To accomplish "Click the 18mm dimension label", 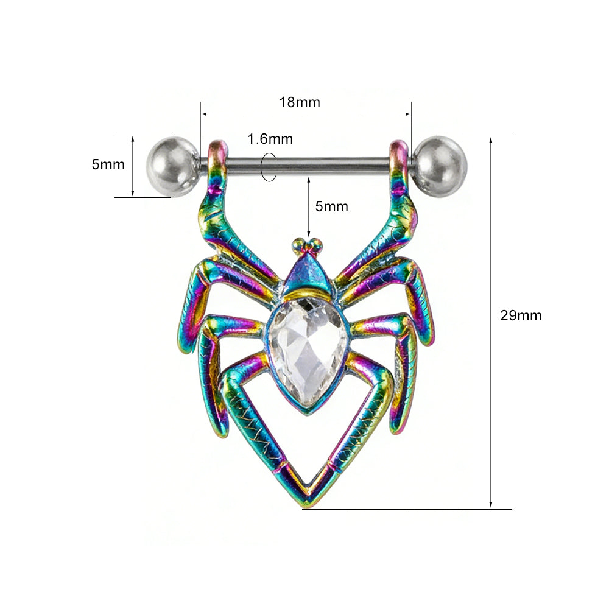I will [299, 102].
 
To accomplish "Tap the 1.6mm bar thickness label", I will [270, 139].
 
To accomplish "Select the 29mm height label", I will [521, 315].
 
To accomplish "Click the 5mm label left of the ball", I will [108, 164].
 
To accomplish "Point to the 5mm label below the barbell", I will [331, 206].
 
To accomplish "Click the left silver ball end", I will [172, 166].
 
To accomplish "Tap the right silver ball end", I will [440, 166].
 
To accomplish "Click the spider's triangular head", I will [308, 275].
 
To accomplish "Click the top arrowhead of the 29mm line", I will [491, 140].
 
